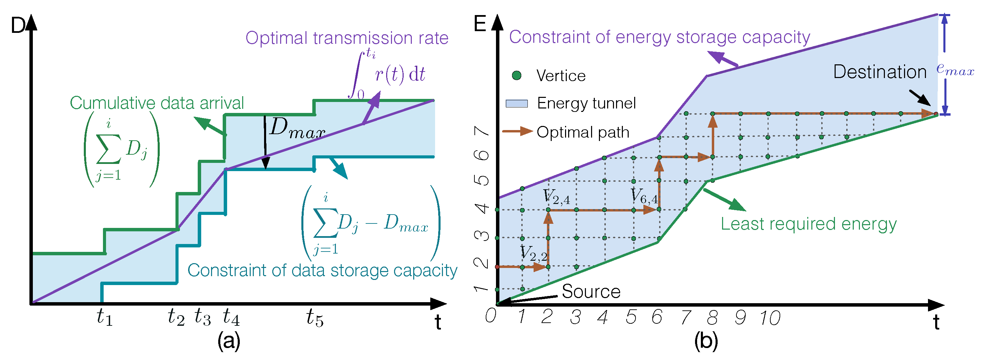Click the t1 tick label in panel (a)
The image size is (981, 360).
coord(104,317)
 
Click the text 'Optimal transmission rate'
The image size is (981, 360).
coord(346,38)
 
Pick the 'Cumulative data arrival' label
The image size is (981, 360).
coord(157,103)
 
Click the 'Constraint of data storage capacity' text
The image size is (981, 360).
coord(322,270)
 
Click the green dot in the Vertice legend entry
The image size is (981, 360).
coord(517,75)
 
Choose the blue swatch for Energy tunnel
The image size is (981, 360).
coord(516,104)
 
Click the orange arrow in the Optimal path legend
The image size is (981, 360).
coord(517,132)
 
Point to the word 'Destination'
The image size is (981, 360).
coord(880,72)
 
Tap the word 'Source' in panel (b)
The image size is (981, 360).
coord(591,292)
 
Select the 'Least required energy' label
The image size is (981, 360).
coord(809,224)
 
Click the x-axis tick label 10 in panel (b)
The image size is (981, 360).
coord(770,318)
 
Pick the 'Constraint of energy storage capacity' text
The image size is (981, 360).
coord(659,37)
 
